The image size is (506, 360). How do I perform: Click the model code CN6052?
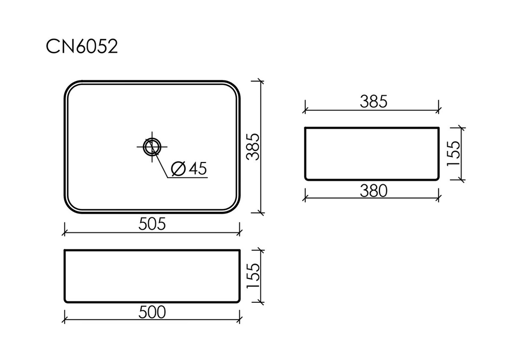(82, 47)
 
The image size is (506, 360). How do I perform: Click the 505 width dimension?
(152, 224)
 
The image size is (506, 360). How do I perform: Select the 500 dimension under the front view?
(152, 312)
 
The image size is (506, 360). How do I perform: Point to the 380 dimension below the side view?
(373, 190)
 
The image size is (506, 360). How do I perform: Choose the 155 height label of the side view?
(454, 153)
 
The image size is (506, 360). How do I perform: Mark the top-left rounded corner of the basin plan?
(69, 86)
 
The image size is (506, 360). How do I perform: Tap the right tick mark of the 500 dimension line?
(240, 321)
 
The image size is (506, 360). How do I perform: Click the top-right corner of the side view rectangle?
(437, 129)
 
